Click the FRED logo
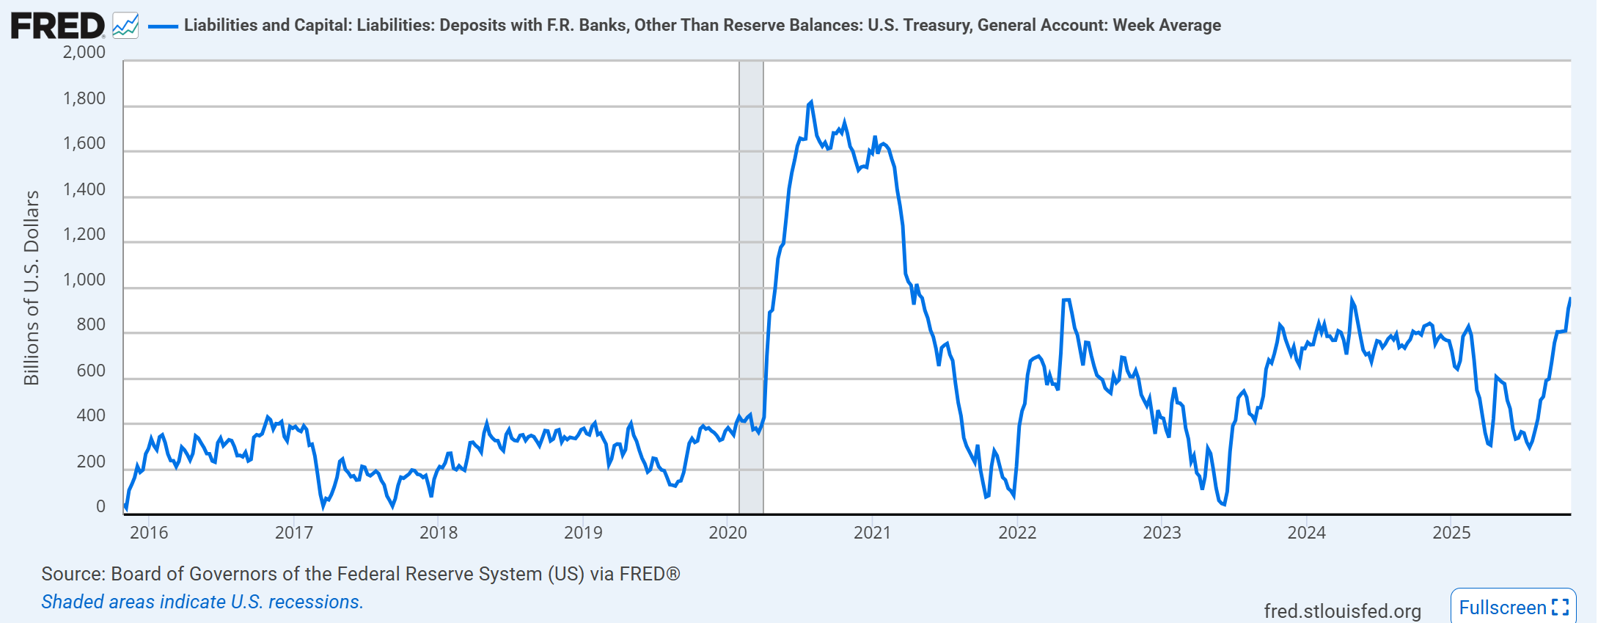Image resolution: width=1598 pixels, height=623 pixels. tap(57, 26)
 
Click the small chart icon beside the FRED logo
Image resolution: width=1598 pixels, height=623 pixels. tap(125, 26)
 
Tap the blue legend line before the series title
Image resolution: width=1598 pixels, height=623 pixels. tap(163, 26)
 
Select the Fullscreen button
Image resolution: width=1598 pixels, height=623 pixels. tap(1512, 607)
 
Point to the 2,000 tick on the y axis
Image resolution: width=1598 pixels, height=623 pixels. tap(84, 53)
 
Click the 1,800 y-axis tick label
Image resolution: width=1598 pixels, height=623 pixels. tap(84, 98)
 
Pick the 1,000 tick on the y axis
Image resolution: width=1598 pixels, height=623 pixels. tap(84, 280)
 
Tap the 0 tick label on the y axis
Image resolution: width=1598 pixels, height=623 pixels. tap(100, 506)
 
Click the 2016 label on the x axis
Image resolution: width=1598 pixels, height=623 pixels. tap(149, 533)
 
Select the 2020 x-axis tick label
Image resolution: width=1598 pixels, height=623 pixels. tap(727, 533)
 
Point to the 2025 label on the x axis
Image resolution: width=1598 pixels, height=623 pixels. tap(1451, 533)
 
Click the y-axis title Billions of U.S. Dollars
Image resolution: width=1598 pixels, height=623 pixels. tap(32, 288)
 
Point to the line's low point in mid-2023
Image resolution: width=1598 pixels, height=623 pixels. tap(1223, 503)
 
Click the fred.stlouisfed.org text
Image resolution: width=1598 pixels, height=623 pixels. tap(1342, 611)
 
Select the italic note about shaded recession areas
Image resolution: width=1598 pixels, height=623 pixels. tap(202, 602)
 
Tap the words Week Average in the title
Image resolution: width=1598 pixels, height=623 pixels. tap(1167, 25)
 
